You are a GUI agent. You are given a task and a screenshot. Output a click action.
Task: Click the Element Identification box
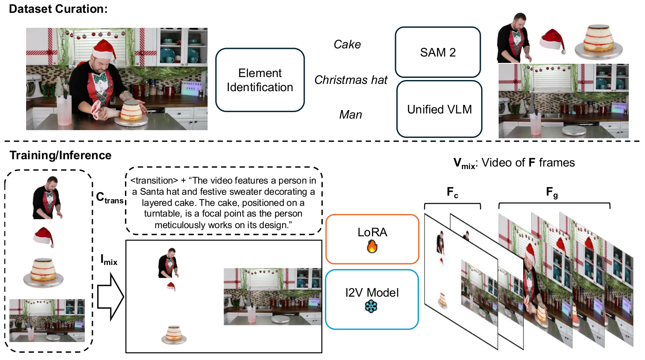260,80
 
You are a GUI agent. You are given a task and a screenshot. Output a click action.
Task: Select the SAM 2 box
437,52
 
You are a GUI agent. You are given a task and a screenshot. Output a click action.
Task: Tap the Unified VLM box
439,110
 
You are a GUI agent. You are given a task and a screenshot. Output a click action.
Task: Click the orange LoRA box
372,239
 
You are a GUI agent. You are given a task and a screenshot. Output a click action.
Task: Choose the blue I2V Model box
372,299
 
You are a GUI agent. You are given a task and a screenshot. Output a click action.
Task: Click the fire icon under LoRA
372,247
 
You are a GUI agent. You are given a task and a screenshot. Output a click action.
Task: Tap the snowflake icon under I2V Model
371,306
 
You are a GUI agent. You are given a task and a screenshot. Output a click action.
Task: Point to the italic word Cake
347,45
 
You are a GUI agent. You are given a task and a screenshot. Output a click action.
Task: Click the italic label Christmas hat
351,80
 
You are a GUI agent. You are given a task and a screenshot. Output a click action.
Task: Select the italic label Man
351,115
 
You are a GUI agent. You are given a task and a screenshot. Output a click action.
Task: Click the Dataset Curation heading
58,9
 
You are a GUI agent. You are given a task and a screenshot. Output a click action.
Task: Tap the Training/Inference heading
60,155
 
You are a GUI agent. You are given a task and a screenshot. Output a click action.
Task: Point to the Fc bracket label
452,193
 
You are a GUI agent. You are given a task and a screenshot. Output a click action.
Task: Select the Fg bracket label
552,193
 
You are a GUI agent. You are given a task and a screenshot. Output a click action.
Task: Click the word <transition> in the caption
154,181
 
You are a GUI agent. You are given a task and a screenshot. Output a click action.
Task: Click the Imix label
109,260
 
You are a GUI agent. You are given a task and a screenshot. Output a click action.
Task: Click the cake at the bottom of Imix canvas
174,335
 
